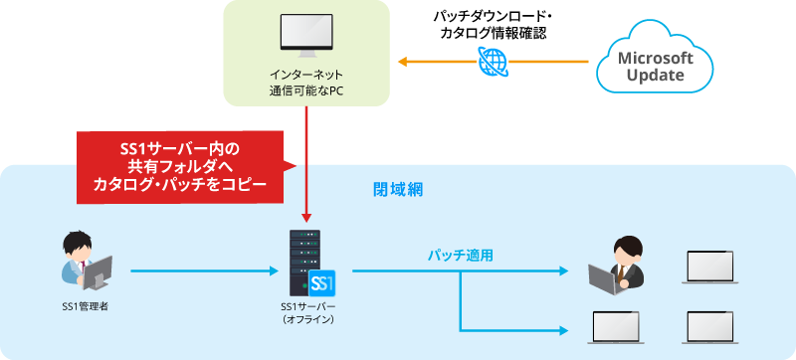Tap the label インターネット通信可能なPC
click(x=305, y=84)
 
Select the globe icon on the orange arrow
click(x=492, y=62)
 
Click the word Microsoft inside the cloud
click(x=656, y=57)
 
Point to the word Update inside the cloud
click(x=656, y=76)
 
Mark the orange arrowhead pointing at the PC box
click(x=403, y=62)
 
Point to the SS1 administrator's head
click(x=76, y=244)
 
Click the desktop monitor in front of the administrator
click(x=99, y=270)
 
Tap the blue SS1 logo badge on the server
click(x=322, y=282)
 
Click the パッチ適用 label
click(x=461, y=255)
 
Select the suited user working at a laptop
click(x=622, y=264)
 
